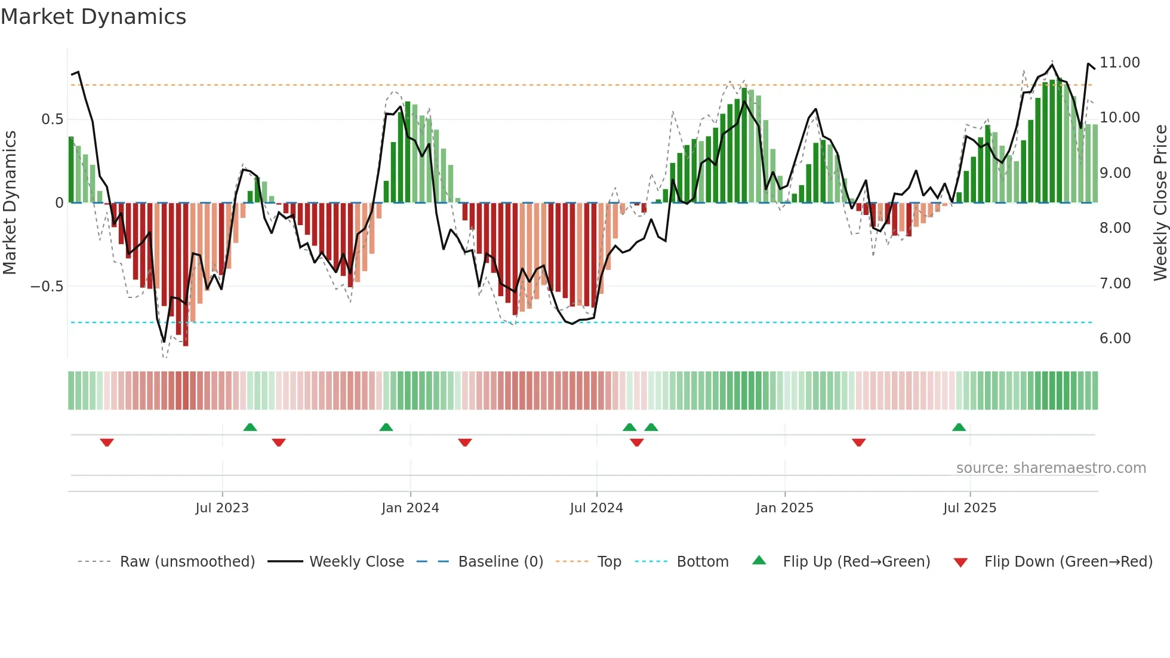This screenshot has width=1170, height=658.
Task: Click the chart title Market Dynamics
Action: point(93,17)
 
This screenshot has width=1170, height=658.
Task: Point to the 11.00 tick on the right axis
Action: point(1119,63)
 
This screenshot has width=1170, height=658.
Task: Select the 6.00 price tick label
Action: point(1114,339)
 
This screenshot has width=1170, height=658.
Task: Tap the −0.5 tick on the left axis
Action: point(47,287)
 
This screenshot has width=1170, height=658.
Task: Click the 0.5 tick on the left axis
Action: point(52,119)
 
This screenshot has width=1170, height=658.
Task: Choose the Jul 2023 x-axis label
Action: point(222,508)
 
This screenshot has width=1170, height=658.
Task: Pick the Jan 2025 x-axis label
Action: point(784,508)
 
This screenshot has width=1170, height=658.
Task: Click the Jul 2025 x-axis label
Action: point(969,508)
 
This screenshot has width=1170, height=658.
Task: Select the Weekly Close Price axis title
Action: point(1160,203)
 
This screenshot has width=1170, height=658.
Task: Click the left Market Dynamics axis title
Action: point(10,203)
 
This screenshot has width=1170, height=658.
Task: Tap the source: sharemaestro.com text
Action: point(1051,468)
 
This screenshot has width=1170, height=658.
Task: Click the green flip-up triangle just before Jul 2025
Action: point(959,428)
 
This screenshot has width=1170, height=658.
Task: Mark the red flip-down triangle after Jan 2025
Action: point(858,442)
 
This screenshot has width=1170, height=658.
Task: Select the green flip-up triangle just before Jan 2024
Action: point(386,428)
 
